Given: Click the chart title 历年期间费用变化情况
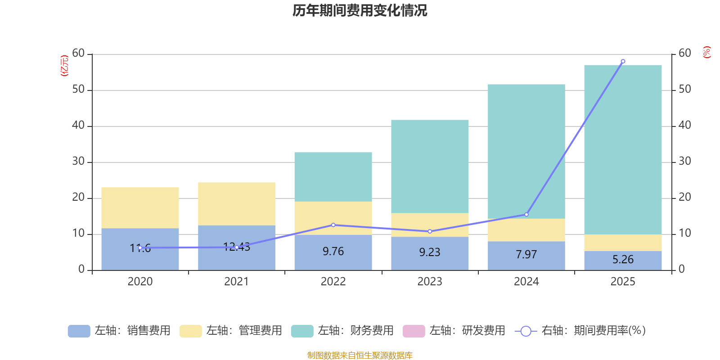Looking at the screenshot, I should click(x=360, y=10).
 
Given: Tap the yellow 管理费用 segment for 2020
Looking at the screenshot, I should click(x=140, y=207).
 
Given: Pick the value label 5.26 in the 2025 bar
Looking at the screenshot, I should click(x=623, y=260).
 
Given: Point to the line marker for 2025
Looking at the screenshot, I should click(x=623, y=61).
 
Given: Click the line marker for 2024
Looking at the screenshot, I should click(x=526, y=215).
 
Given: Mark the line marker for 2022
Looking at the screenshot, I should click(x=333, y=225).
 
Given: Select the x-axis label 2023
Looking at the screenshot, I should click(x=430, y=282).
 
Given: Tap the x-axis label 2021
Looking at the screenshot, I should click(x=236, y=282).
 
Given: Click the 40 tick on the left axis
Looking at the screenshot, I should click(x=78, y=126).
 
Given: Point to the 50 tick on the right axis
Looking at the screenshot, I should click(x=684, y=90).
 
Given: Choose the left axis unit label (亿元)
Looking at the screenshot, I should click(x=64, y=66).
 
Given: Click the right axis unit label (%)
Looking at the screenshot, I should click(x=706, y=52).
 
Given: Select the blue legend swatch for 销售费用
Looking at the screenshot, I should click(x=79, y=331).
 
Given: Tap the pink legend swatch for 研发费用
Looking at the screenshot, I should click(x=414, y=331).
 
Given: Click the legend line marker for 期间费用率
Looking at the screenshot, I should click(x=526, y=331).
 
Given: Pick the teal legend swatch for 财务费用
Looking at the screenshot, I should click(x=302, y=331).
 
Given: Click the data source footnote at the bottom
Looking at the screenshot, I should click(x=360, y=355).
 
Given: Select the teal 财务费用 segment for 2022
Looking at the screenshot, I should click(x=333, y=176).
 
